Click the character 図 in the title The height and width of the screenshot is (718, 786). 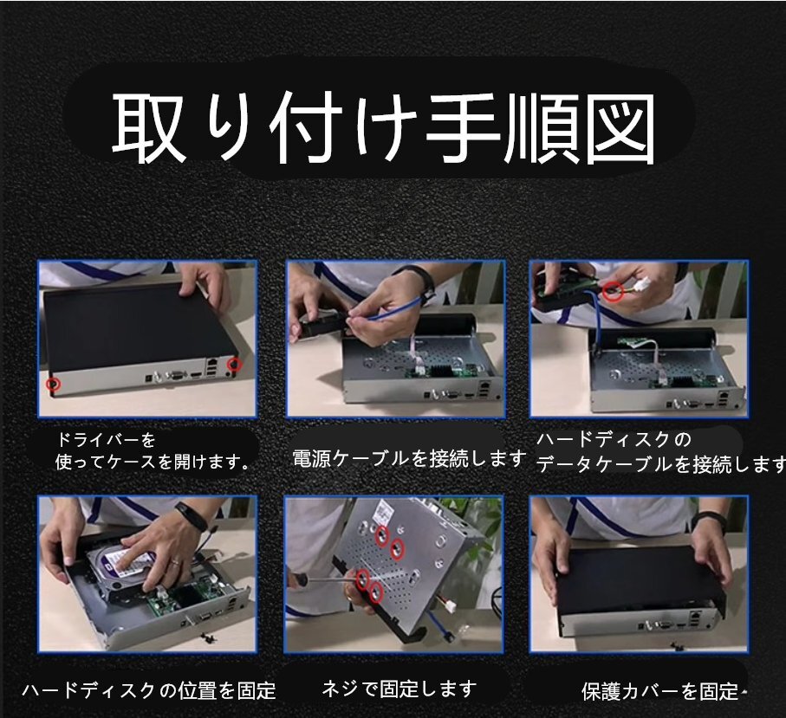(x=622, y=129)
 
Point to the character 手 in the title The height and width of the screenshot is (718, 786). (x=464, y=129)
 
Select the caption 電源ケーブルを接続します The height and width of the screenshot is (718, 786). (x=409, y=458)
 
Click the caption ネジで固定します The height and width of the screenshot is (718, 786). (x=399, y=689)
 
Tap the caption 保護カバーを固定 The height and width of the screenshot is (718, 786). (x=659, y=691)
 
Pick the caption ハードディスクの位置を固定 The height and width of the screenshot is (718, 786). (x=149, y=690)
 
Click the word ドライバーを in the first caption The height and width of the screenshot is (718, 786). (x=107, y=440)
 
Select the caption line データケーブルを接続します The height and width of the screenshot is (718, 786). (x=660, y=464)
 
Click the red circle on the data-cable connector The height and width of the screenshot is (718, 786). (x=613, y=291)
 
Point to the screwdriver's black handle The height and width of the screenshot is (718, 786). (x=298, y=579)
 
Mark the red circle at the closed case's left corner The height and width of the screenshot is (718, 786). (x=53, y=385)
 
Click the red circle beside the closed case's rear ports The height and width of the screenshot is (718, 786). (x=235, y=365)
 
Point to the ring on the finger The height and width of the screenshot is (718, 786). (x=174, y=562)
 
